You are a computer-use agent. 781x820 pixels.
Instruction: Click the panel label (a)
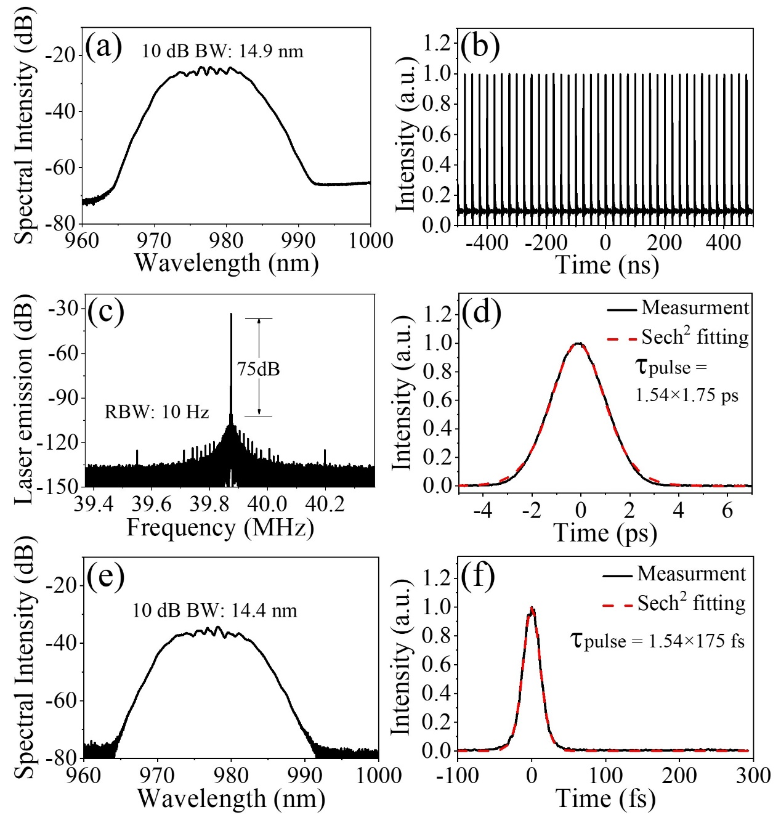coord(103,47)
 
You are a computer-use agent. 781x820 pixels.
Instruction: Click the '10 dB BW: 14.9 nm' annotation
coord(222,51)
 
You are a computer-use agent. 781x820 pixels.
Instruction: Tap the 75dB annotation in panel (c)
coord(258,369)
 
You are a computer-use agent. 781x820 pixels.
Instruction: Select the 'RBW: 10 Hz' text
coord(156,412)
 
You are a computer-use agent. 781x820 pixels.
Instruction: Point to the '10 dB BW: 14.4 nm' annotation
coord(214,611)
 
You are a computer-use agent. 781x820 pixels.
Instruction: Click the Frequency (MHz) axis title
coord(220,528)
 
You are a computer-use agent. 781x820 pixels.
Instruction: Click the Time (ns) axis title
coord(607,265)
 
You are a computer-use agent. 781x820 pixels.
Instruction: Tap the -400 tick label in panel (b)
coord(487,242)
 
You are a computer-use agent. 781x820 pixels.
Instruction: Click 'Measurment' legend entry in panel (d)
coord(695,307)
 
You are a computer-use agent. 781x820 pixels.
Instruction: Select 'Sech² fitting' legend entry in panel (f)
coord(691,603)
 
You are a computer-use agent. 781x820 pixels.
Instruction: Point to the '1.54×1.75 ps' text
coord(687,395)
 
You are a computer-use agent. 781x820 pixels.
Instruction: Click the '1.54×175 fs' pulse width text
coord(697,641)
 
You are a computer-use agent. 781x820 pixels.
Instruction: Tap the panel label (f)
coord(478,578)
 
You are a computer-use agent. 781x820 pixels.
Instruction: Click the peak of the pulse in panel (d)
coord(579,344)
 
